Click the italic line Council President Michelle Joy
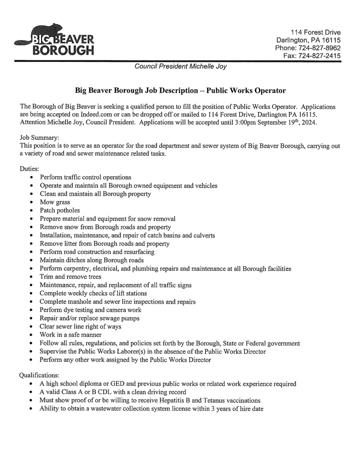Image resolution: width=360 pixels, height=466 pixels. [x=181, y=67]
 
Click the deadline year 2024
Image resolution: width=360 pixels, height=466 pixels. [x=313, y=122]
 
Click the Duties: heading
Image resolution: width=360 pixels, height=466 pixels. [x=30, y=168]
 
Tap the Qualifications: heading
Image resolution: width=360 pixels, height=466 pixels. [x=40, y=375]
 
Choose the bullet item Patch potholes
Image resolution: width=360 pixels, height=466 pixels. [x=60, y=210]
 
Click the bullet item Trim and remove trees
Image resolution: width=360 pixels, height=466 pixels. [x=70, y=277]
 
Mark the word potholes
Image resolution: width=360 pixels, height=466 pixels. [x=68, y=210]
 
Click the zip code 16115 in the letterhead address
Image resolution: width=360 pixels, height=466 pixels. [x=330, y=40]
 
